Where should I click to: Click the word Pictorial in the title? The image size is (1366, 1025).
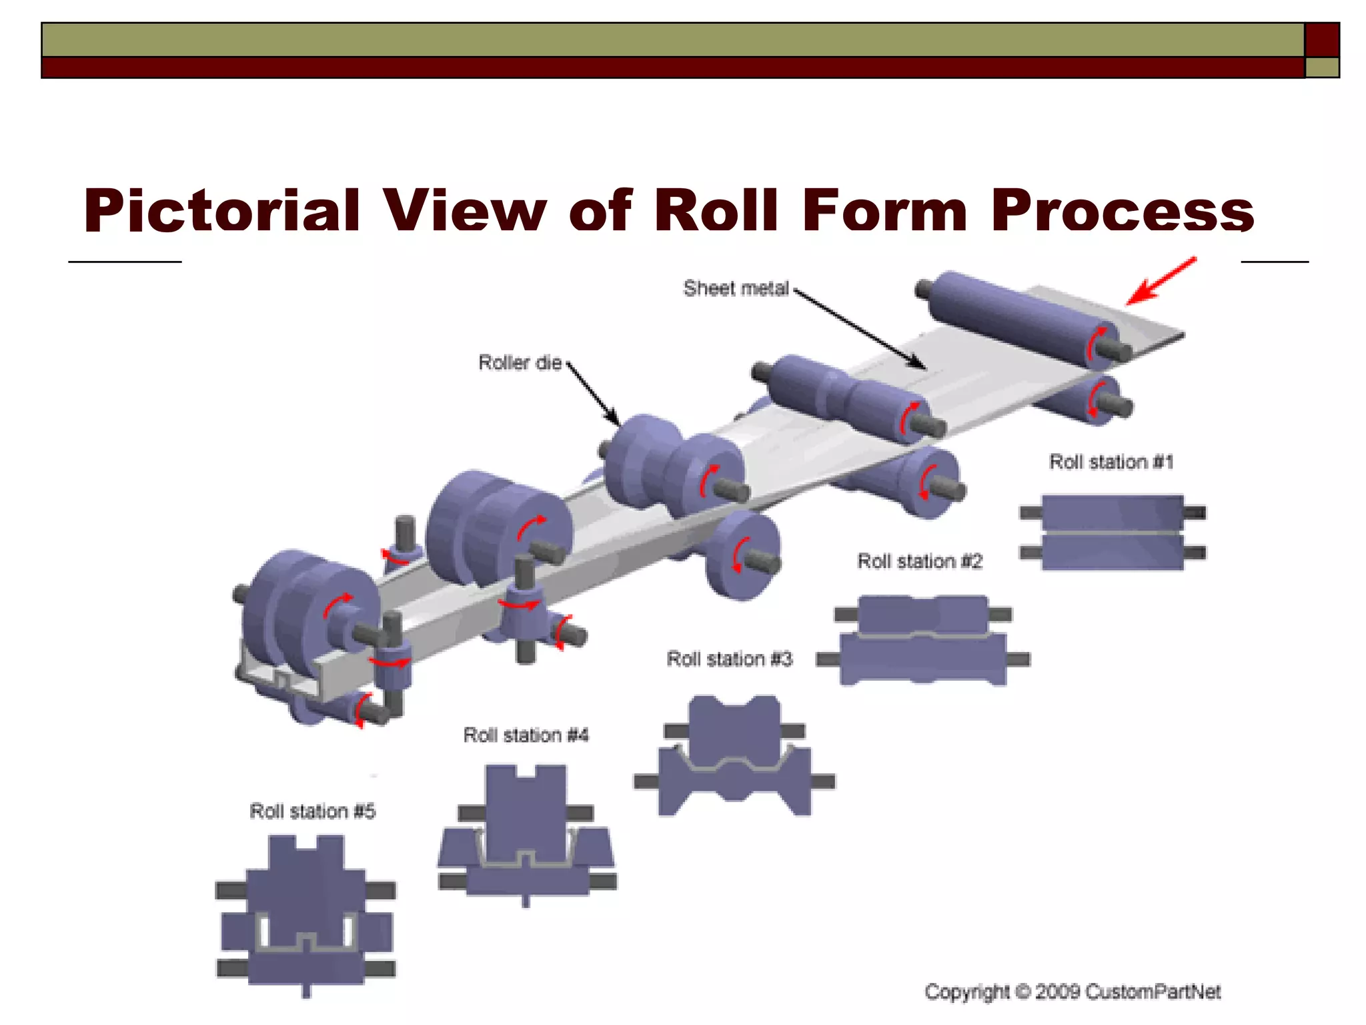[221, 210]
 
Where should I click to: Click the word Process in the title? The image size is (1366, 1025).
[1122, 210]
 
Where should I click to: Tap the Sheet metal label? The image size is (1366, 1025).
[736, 288]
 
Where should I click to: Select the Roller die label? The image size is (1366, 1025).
[520, 362]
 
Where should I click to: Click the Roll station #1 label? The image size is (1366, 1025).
[1111, 462]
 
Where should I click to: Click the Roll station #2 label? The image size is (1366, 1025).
[920, 561]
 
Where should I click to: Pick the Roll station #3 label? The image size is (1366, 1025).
[730, 659]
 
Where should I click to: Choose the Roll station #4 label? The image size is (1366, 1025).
[526, 735]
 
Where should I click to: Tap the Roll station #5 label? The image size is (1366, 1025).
[312, 811]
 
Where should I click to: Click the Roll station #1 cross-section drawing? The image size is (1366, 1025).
[1113, 532]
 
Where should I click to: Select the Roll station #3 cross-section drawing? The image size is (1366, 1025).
[734, 757]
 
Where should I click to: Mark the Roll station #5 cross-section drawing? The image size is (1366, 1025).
[306, 914]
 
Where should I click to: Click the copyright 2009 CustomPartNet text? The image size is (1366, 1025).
[1073, 992]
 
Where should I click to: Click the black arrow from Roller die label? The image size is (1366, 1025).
[593, 394]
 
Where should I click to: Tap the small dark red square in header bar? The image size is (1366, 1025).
[1321, 39]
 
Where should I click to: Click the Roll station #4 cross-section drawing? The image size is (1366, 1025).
[526, 834]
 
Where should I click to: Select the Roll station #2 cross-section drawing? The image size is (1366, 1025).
[923, 639]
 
